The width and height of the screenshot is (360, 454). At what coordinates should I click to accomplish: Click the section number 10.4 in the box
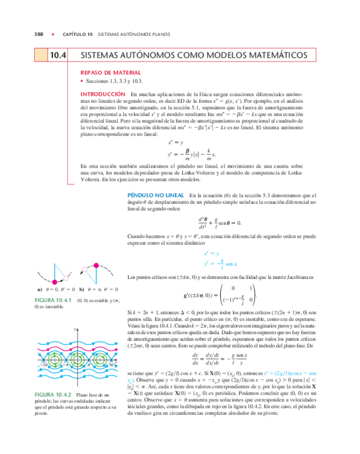coord(57,55)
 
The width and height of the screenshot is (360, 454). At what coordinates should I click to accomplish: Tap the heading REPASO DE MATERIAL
coord(110,72)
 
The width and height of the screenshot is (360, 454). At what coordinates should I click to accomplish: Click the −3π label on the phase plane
coord(44,364)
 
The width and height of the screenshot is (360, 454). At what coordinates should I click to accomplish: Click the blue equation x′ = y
coord(212,253)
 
